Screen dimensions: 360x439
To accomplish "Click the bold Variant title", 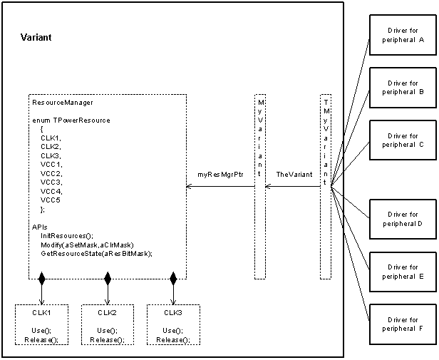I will pyautogui.click(x=36, y=37).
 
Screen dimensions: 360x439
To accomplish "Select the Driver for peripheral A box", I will pyautogui.click(x=402, y=35).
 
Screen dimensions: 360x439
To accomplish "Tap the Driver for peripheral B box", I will pyautogui.click(x=402, y=88).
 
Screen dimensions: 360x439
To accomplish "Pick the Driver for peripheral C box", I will pyautogui.click(x=402, y=140).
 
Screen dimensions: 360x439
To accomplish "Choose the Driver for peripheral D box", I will pyautogui.click(x=402, y=219).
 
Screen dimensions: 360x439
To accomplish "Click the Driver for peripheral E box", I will pyautogui.click(x=402, y=272).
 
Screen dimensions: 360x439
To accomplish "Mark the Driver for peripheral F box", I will pyautogui.click(x=402, y=324).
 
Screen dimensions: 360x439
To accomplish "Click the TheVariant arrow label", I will pyautogui.click(x=292, y=174).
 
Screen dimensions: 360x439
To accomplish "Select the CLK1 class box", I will pyautogui.click(x=42, y=325).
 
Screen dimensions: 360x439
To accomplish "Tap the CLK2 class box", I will pyautogui.click(x=108, y=325).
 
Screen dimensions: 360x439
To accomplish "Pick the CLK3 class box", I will pyautogui.click(x=173, y=325).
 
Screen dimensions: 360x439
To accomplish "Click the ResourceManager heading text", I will pyautogui.click(x=63, y=103).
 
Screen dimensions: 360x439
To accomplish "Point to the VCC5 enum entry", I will pyautogui.click(x=51, y=200).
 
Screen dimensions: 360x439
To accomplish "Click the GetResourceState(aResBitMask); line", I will pyautogui.click(x=96, y=253).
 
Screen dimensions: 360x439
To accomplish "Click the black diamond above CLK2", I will pyautogui.click(x=108, y=277).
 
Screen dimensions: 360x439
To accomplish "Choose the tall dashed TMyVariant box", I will pyautogui.click(x=326, y=185).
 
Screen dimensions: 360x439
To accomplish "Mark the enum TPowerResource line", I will pyautogui.click(x=71, y=120).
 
